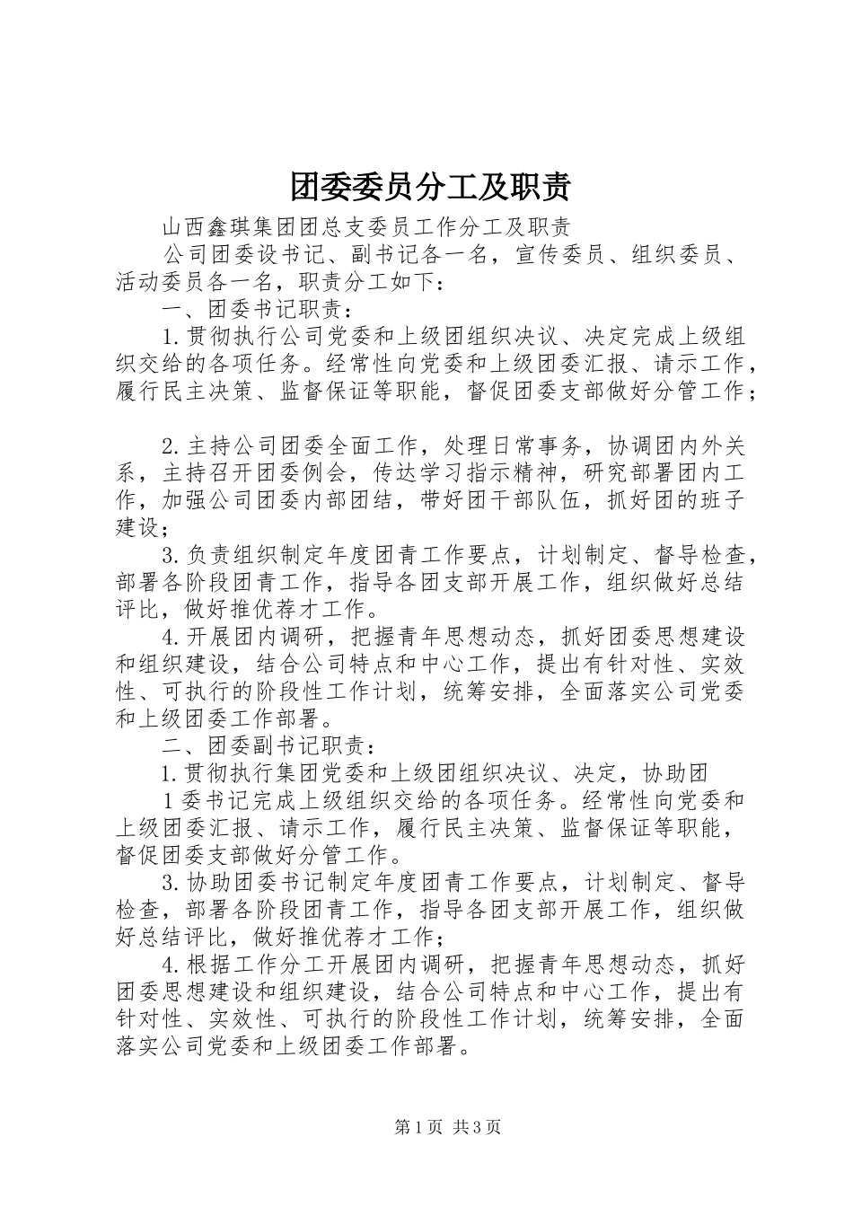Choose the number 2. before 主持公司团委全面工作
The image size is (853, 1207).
(172, 445)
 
